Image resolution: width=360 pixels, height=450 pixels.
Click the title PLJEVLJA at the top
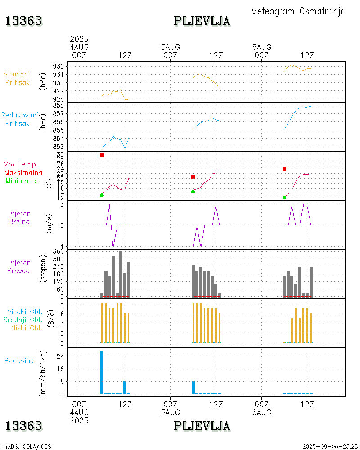202,21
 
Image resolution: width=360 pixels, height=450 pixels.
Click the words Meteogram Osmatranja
298,11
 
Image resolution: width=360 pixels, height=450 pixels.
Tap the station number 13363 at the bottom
23,425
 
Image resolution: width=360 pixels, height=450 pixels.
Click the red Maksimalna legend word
23,172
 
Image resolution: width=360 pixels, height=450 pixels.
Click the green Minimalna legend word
23,181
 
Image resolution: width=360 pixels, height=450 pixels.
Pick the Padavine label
19,360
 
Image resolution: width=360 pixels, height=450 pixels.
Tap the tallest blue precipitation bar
102,372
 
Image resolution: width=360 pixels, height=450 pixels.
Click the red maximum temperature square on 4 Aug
102,155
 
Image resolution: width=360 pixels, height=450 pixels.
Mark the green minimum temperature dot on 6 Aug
284,198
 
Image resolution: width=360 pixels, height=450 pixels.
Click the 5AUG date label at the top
171,47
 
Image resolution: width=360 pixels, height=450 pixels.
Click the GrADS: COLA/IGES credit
27,446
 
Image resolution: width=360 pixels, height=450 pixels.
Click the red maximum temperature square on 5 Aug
193,177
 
